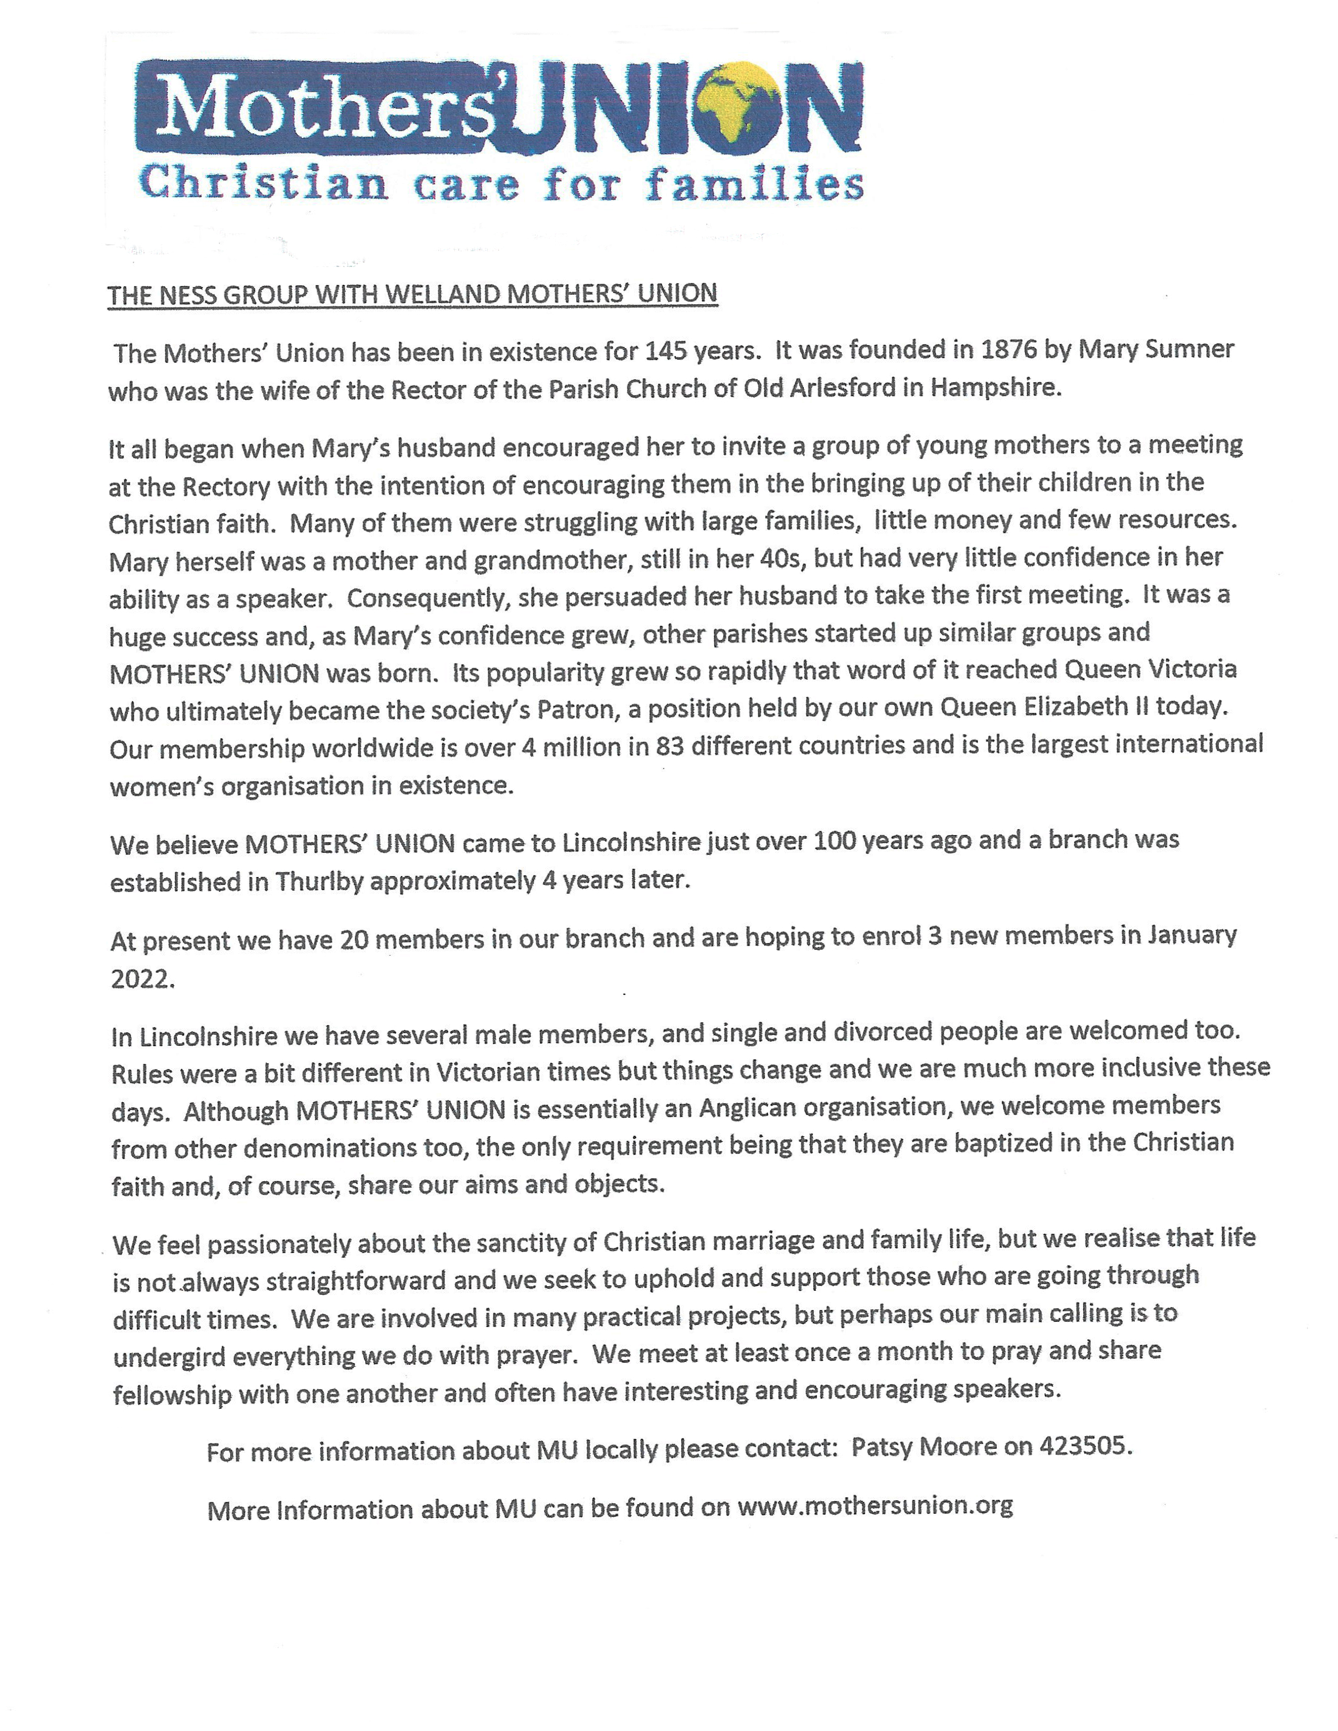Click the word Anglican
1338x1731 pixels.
pos(742,1108)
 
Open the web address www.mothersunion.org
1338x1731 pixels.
pos(875,1506)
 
